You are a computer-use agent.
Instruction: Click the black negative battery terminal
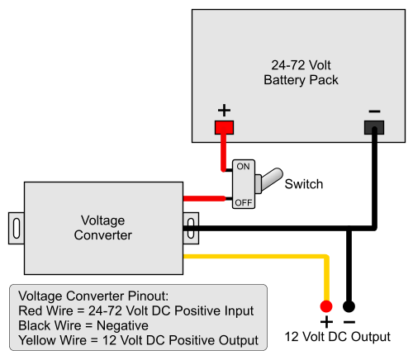[x=374, y=127]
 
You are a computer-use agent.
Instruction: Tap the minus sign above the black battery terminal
[x=374, y=110]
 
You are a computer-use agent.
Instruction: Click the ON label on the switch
[x=243, y=167]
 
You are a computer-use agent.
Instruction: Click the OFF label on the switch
[x=243, y=201]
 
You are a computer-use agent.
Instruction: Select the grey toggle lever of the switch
[x=268, y=179]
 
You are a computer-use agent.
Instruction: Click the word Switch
[x=303, y=184]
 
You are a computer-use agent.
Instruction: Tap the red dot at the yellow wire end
[x=326, y=305]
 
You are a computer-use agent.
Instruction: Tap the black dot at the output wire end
[x=349, y=305]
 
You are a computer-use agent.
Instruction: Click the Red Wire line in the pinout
[x=135, y=310]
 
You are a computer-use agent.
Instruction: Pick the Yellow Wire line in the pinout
[x=138, y=340]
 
